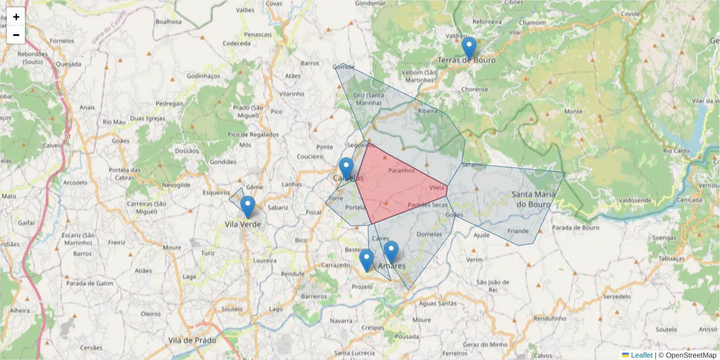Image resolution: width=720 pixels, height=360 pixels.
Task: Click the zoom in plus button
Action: (16, 17)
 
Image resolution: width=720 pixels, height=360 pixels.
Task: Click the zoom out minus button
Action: (16, 35)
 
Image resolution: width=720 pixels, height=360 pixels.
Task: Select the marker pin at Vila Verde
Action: (247, 207)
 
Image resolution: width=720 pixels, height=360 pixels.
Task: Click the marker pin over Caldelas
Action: (346, 169)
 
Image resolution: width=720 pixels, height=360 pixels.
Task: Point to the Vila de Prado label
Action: (191, 340)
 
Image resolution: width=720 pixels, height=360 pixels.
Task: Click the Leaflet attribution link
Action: (641, 355)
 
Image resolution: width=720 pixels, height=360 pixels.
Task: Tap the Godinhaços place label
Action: (204, 76)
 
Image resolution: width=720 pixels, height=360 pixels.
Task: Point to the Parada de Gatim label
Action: (90, 283)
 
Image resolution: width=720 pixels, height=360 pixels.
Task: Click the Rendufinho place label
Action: (550, 319)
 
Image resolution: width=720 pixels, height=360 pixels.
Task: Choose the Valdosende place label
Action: (635, 200)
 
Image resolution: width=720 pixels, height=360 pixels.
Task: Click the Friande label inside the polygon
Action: (518, 231)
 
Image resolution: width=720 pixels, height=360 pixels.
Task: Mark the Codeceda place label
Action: (236, 43)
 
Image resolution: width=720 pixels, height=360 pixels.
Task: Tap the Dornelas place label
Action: (429, 233)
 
